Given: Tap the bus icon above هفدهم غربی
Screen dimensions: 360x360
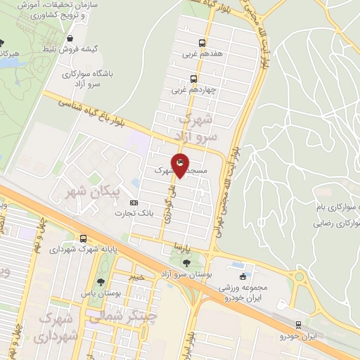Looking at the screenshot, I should (x=202, y=41).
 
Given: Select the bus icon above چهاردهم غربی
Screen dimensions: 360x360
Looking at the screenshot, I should (x=193, y=79).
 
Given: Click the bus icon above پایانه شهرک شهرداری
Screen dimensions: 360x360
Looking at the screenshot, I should (x=84, y=238).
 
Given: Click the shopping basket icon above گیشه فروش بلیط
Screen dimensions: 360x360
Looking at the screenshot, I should (x=69, y=39).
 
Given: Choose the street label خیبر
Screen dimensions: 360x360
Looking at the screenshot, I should (x=137, y=276).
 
